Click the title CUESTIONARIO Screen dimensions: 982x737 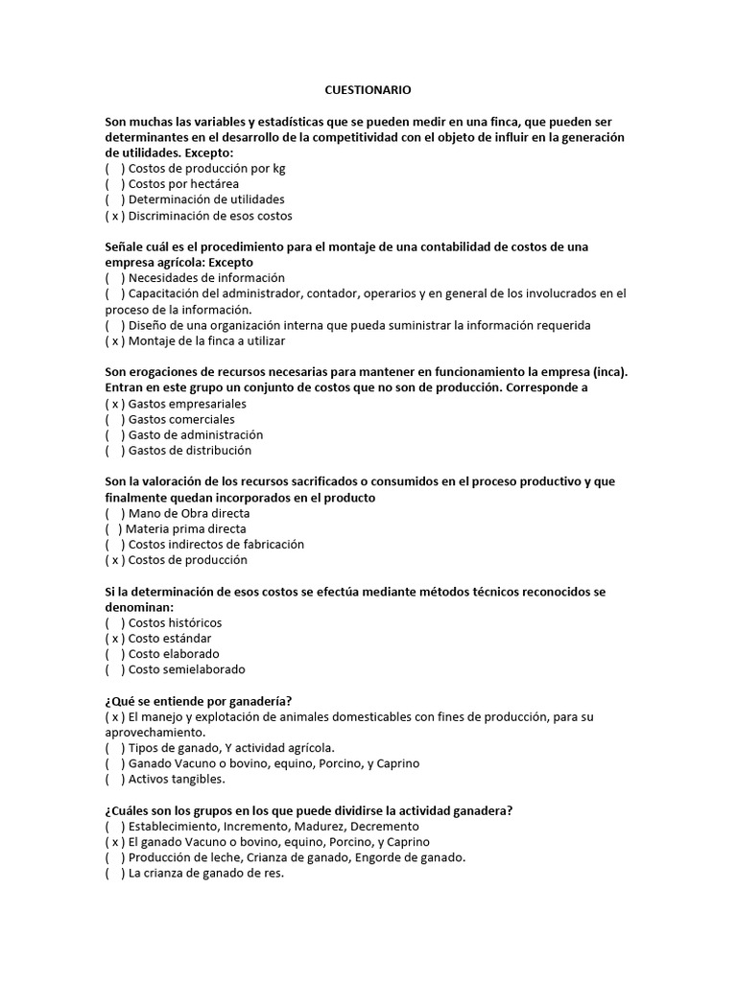click(x=368, y=90)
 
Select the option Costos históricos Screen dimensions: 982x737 click(x=175, y=622)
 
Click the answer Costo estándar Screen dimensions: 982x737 click(x=170, y=638)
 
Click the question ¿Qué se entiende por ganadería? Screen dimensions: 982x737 click(x=199, y=701)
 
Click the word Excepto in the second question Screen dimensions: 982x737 click(x=231, y=263)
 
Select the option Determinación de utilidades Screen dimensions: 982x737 click(x=205, y=199)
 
